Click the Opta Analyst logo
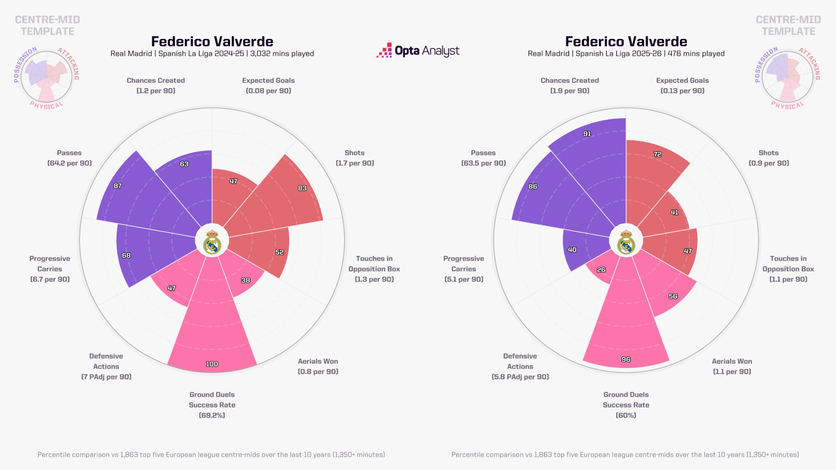[418, 51]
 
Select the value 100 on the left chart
[212, 364]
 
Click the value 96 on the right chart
[626, 359]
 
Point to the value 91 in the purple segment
[587, 134]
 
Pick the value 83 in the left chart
[302, 188]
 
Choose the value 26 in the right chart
[601, 270]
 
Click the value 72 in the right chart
[657, 154]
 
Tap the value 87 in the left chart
[118, 186]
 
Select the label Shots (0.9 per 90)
[768, 158]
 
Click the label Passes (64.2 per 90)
[69, 158]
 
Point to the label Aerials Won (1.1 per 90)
[732, 366]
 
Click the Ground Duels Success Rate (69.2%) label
[212, 405]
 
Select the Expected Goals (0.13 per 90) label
[683, 86]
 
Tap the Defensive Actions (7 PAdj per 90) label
[106, 366]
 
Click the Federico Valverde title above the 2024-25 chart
[212, 42]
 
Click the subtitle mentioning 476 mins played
[626, 53]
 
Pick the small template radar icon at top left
[47, 77]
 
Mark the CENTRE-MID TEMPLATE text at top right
[788, 25]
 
